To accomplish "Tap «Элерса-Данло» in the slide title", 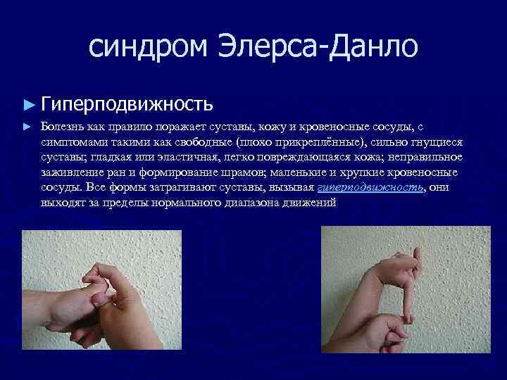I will [322, 47].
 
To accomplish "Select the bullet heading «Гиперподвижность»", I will [127, 105].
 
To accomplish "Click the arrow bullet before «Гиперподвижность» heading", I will [28, 105].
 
